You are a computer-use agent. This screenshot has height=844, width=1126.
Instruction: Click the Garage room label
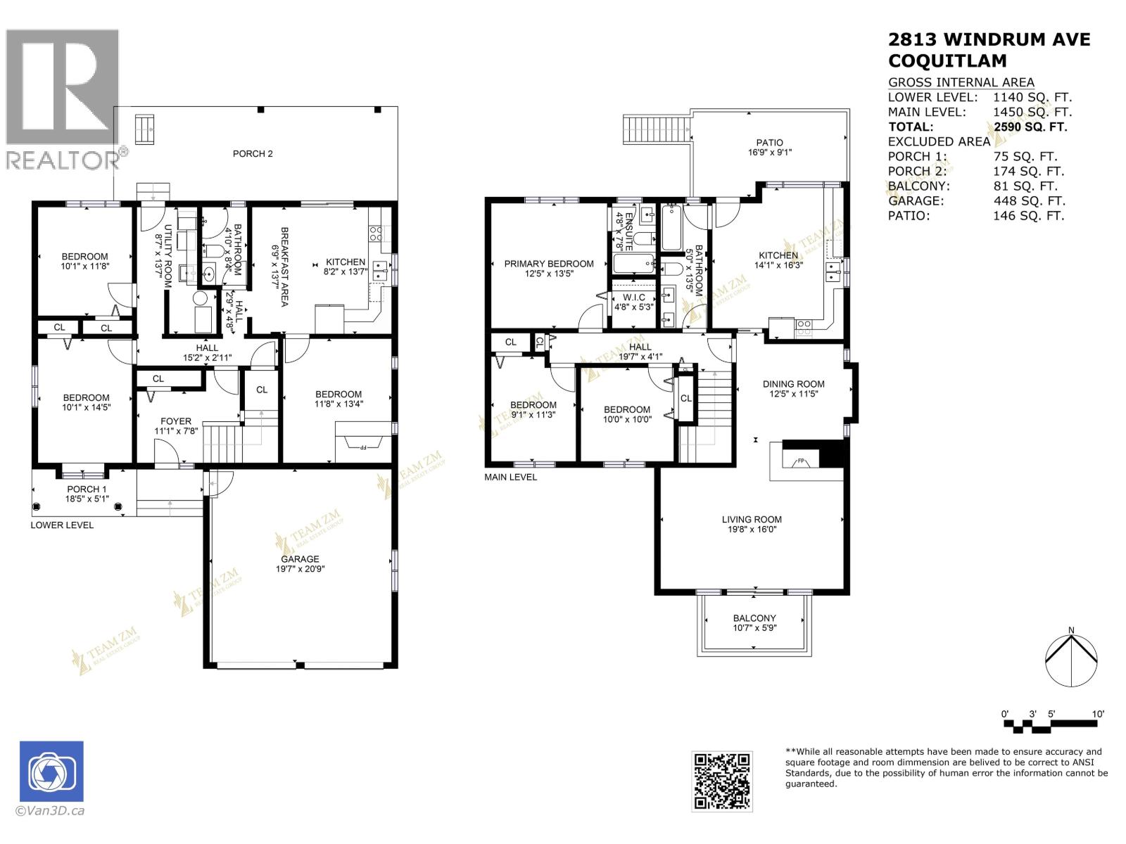pos(301,559)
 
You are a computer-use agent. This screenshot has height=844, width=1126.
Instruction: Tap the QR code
pos(722,781)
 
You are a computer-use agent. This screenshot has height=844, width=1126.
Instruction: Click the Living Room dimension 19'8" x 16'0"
pos(752,530)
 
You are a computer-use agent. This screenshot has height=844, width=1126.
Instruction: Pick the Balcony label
pos(754,618)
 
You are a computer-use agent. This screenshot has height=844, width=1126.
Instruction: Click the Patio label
pos(769,142)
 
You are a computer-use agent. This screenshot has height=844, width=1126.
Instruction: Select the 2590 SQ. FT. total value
pos(1030,127)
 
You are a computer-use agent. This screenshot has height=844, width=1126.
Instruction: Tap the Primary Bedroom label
pos(549,264)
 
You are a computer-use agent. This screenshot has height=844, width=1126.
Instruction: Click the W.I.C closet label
pos(633,298)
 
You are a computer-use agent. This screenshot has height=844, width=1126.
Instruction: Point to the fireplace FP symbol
pos(800,462)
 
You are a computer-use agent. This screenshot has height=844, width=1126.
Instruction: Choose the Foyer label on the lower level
pos(175,421)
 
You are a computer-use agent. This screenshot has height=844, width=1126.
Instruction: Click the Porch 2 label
pos(253,153)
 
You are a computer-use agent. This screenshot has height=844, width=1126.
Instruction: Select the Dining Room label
pos(793,384)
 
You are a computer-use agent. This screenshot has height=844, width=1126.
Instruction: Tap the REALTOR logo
pos(63,98)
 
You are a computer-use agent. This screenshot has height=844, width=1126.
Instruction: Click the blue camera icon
pos(51,771)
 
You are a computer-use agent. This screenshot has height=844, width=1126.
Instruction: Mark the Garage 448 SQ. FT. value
pos(1025,200)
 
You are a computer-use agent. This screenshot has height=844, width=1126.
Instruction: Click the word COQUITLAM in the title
pos(947,60)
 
